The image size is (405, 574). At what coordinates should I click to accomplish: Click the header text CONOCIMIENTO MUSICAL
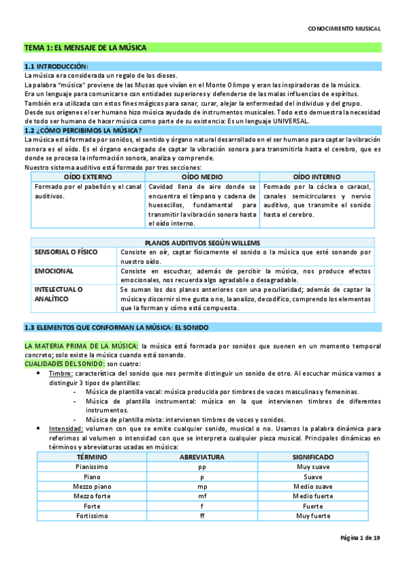click(344, 29)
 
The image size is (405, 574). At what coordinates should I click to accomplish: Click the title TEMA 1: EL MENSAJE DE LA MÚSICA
click(85, 48)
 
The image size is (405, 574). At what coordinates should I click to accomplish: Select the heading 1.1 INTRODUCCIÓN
click(56, 66)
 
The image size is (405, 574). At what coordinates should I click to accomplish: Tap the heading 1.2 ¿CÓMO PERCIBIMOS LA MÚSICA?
click(82, 130)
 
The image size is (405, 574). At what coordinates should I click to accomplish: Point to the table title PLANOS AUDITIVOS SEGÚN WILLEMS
click(203, 243)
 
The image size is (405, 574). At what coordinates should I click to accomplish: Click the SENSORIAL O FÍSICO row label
click(66, 252)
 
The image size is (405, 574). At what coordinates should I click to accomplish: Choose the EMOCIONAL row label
click(54, 270)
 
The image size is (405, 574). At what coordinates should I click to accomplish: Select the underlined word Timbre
click(61, 373)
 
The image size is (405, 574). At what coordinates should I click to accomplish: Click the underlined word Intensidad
click(66, 428)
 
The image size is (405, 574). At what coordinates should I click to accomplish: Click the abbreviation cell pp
click(202, 467)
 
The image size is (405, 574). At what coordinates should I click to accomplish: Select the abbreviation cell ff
click(202, 516)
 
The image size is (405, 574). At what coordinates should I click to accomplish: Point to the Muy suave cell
click(313, 467)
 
